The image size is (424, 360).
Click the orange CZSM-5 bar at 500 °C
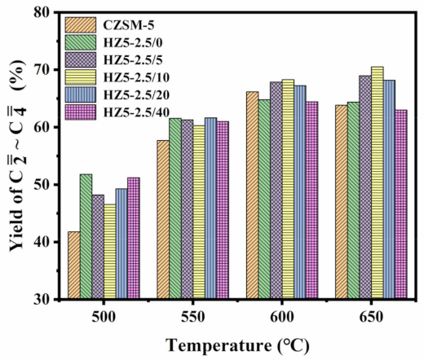74,266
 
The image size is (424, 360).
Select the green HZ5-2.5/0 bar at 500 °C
86,237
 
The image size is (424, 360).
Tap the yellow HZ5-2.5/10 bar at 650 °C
377,182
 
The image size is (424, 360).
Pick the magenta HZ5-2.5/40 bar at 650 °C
401,204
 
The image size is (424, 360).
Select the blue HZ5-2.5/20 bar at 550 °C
210,209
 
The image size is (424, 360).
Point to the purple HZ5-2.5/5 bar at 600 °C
276,191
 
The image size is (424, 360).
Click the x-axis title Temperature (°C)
236,344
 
